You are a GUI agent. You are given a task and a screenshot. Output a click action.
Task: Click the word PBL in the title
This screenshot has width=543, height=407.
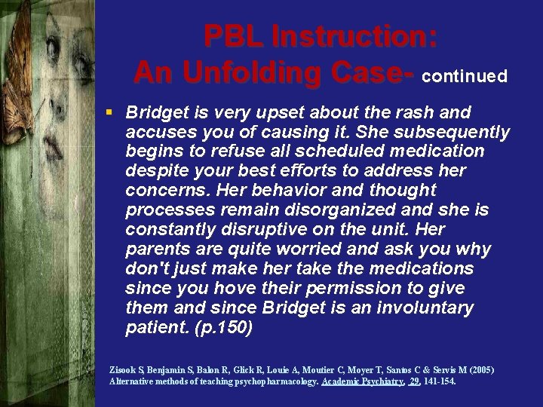pyautogui.click(x=232, y=36)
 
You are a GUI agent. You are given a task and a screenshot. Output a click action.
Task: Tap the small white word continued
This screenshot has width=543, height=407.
pyautogui.click(x=465, y=76)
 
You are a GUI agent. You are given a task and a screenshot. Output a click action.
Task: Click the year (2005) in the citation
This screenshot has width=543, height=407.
pyautogui.click(x=480, y=370)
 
